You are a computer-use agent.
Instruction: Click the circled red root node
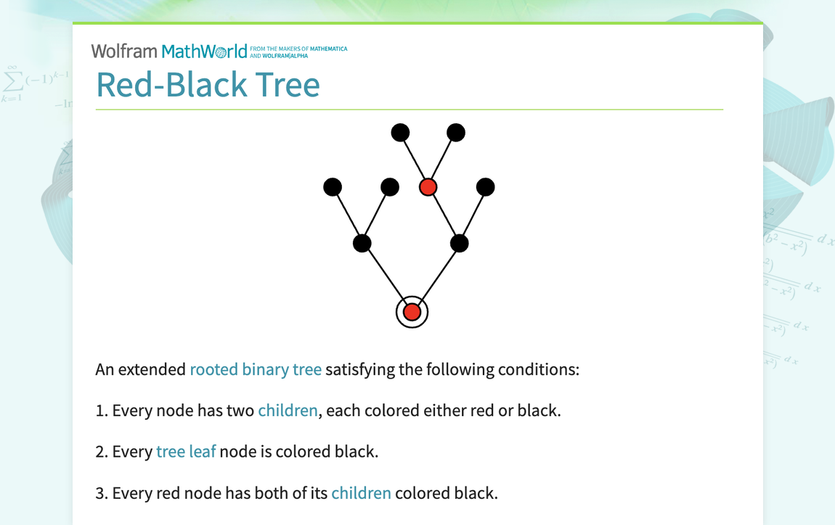tap(412, 313)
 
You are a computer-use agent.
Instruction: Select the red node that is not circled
tap(428, 187)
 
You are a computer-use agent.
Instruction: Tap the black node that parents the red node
tap(459, 243)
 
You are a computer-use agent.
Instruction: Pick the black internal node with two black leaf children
tap(362, 243)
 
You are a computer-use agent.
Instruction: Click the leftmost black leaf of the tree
tap(332, 187)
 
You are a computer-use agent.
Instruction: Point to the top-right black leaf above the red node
tap(455, 133)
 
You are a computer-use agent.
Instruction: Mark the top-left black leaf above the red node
tap(400, 133)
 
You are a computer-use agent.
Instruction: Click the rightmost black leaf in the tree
tap(485, 187)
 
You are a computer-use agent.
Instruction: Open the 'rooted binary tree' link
tap(256, 369)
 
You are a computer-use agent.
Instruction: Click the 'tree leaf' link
tap(186, 452)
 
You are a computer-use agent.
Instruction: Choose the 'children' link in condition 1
tap(288, 410)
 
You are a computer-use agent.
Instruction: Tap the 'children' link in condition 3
tap(361, 493)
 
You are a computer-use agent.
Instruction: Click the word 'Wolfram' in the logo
tap(124, 51)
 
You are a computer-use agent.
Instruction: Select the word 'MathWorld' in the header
tap(204, 51)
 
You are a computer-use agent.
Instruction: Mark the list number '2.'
tap(102, 452)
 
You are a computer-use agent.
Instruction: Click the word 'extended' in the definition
tap(151, 369)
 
